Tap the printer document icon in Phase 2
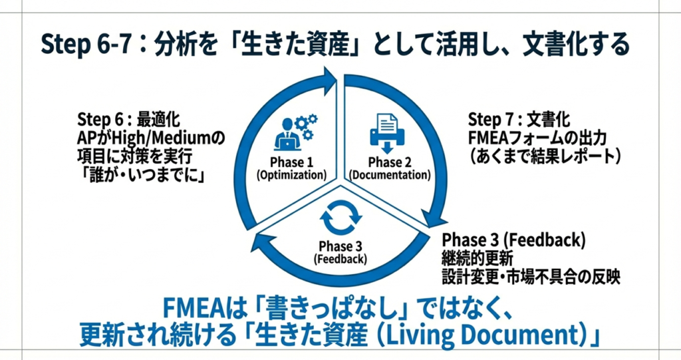(386, 131)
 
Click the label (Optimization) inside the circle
(291, 176)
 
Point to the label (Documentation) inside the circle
(390, 176)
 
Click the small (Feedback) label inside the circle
(340, 258)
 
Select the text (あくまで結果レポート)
(545, 156)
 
